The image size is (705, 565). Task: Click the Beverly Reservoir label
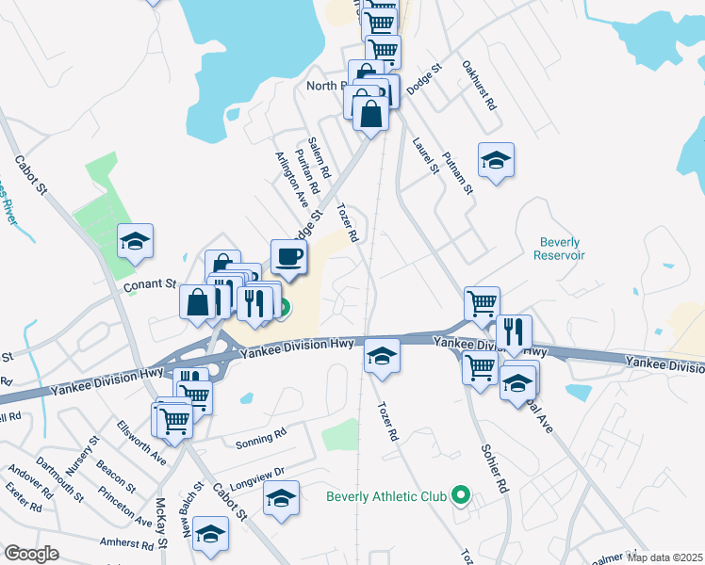click(559, 249)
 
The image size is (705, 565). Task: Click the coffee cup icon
click(289, 256)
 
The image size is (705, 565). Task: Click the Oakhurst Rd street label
click(480, 87)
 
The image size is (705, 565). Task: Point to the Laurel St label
click(426, 156)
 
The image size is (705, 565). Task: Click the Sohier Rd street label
click(495, 469)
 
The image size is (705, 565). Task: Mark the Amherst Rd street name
click(126, 544)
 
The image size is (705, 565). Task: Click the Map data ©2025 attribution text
click(664, 557)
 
